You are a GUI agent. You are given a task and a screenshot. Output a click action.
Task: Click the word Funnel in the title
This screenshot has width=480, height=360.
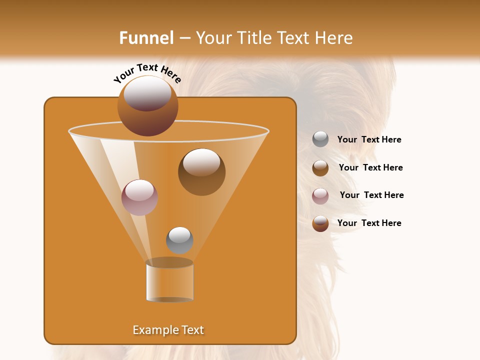coord(146,38)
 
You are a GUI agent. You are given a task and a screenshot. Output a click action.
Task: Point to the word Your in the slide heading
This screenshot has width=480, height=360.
coord(213,38)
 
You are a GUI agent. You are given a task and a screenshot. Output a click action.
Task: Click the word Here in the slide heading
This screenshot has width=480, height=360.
coord(333,38)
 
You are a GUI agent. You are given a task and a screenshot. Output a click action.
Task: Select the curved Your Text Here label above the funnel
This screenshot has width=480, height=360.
coord(147,72)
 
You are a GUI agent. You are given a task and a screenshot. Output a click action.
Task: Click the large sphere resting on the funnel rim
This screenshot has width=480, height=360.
coord(147,105)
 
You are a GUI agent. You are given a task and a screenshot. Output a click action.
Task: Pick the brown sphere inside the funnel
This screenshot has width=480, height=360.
coord(201,171)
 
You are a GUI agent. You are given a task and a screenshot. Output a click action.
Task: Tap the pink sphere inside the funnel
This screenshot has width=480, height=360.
coord(139,197)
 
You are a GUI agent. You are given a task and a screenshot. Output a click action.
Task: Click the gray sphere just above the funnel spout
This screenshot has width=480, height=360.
coord(179,240)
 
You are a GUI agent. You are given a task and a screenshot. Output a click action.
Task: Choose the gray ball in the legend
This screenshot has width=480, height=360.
coord(320,139)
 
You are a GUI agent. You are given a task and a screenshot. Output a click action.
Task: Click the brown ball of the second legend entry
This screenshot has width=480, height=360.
coord(320,168)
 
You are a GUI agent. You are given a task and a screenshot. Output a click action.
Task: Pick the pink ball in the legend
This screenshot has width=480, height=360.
coord(320,196)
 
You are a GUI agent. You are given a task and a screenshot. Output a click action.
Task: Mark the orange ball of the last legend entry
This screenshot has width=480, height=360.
coord(320,223)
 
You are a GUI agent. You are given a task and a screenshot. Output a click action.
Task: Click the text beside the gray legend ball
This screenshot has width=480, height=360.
coord(369,139)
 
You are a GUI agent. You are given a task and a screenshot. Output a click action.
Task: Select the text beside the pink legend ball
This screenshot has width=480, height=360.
coord(371,195)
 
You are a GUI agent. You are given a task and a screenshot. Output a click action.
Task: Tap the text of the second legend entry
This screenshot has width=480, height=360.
coord(370,167)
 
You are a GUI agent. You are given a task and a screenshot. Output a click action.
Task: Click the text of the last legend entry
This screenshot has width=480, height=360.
coord(369,223)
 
